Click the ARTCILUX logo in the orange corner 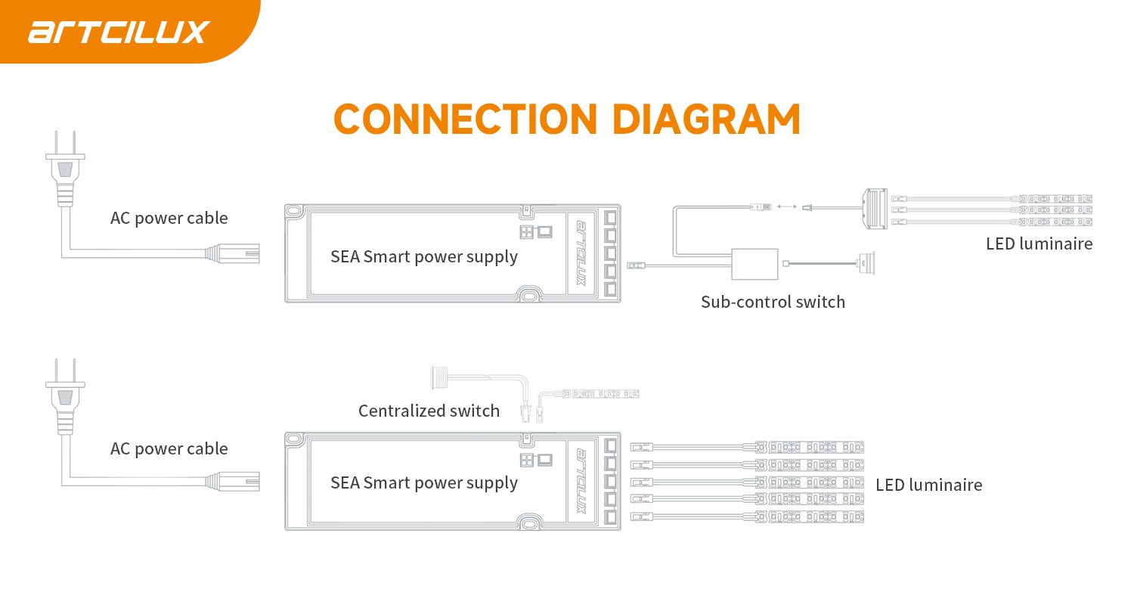pos(119,32)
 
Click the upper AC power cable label pos(169,219)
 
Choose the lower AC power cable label pos(169,448)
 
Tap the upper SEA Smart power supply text pos(424,256)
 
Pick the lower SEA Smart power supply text pos(424,482)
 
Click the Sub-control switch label pos(773,302)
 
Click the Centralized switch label pos(429,411)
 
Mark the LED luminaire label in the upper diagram pos(1039,244)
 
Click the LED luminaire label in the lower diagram pos(928,485)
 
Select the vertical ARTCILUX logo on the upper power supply pos(581,253)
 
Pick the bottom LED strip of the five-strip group pos(809,517)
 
